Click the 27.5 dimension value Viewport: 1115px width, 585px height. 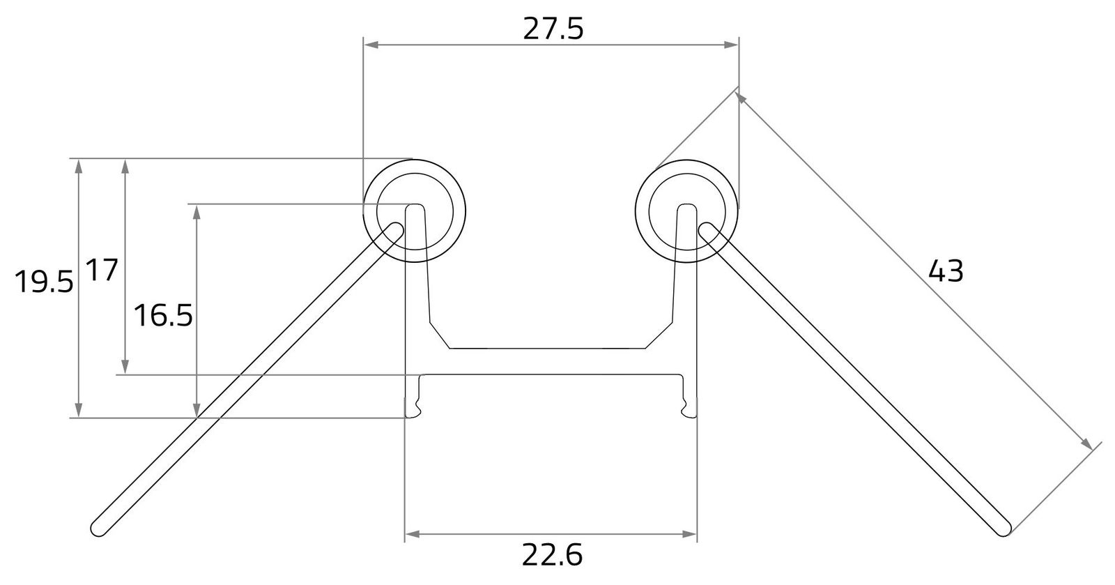[553, 29]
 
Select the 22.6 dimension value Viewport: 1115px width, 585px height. [552, 555]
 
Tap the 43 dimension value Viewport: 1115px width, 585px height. [946, 271]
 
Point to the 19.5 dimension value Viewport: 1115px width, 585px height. [44, 281]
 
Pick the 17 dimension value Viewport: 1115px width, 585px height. [102, 271]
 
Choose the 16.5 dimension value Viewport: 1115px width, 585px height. [163, 316]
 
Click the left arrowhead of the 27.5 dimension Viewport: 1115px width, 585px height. [371, 45]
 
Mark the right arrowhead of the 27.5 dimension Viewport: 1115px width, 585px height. [731, 45]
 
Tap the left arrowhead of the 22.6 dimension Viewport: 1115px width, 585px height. [412, 534]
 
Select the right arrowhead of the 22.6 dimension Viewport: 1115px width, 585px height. [689, 534]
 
